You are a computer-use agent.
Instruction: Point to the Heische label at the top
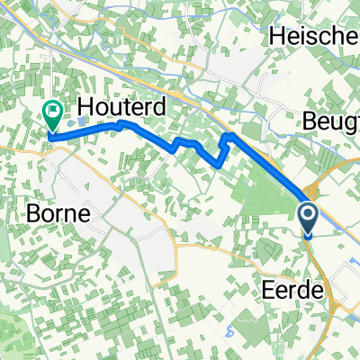coord(314,39)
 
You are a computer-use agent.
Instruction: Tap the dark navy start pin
coord(307,216)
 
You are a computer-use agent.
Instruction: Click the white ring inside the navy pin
coord(307,213)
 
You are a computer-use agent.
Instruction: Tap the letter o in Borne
coord(46,217)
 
